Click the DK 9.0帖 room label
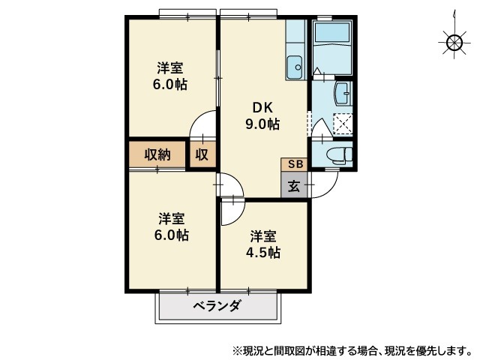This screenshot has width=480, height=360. [x=262, y=116]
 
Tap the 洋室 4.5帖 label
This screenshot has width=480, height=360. [x=263, y=244]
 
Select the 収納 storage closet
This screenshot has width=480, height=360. [x=157, y=154]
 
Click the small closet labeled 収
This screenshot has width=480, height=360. [x=202, y=154]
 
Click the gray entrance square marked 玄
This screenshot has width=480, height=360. [x=294, y=184]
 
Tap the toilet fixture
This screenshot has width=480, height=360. [x=340, y=153]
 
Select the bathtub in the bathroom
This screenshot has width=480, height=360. [x=333, y=33]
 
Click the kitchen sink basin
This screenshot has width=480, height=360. [x=295, y=67]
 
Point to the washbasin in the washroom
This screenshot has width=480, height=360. [x=343, y=93]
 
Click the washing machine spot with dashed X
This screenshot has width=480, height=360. [x=343, y=124]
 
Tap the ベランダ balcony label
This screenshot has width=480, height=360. [x=217, y=305]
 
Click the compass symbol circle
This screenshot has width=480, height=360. [x=454, y=42]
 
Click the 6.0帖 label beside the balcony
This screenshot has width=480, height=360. [x=171, y=235]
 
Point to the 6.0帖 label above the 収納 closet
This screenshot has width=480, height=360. [x=170, y=84]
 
